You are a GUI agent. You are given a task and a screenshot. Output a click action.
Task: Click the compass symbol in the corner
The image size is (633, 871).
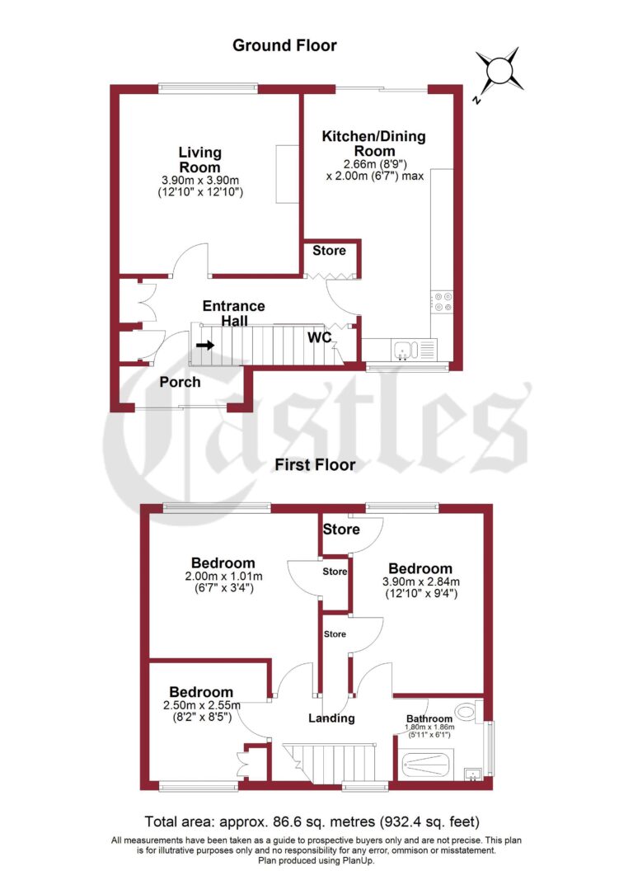[500, 70]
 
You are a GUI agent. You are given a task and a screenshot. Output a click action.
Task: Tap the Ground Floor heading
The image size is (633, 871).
[284, 45]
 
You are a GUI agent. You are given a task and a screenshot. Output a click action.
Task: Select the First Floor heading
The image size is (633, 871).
[316, 465]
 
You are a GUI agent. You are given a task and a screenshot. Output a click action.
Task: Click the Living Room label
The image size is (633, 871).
[200, 158]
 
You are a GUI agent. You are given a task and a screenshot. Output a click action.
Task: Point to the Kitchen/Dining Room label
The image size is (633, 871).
[374, 144]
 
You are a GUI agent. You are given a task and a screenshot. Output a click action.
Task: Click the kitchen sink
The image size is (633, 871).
[404, 351]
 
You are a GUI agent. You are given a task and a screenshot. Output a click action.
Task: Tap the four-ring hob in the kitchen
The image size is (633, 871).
[442, 303]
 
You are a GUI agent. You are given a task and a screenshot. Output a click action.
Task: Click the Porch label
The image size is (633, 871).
[180, 382]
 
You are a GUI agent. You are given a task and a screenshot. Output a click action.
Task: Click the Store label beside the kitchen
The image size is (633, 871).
[329, 250]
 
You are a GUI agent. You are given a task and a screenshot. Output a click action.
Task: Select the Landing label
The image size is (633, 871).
[331, 718]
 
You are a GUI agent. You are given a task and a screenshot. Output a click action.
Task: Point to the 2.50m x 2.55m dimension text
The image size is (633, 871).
[201, 705]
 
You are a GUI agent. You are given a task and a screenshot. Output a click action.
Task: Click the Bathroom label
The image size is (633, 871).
[429, 718]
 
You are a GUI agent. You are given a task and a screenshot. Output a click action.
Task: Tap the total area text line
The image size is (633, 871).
[312, 822]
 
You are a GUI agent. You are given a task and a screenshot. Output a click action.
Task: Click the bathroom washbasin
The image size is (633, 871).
[473, 773]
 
